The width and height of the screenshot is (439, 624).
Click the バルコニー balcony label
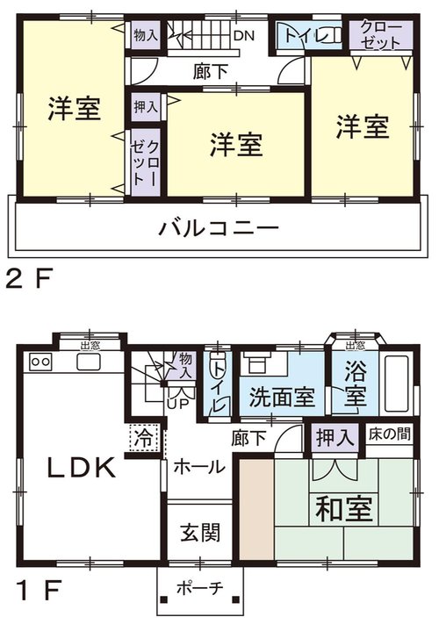point(219,228)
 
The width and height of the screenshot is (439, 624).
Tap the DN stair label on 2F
point(243,36)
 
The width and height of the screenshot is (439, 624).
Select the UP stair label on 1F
point(178,405)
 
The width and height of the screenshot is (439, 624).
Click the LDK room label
point(82,468)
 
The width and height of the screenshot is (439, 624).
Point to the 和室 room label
point(344,508)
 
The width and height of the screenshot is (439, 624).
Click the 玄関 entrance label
point(200,533)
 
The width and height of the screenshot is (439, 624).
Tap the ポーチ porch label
point(200,588)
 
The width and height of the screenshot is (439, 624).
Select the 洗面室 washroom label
point(282,397)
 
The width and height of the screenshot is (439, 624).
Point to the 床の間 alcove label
point(389,434)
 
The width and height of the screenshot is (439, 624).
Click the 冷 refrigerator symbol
point(144,437)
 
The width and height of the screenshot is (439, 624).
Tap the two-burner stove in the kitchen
point(40,362)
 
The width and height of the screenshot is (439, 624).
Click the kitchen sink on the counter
point(90,362)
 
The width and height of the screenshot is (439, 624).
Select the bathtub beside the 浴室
point(396,384)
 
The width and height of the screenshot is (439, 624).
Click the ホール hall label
point(199,466)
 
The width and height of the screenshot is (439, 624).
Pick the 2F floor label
point(29,278)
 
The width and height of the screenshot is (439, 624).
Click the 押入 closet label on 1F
point(335,438)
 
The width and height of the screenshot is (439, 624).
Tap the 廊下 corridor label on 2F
point(210,72)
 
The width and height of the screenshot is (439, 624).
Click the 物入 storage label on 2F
point(146,35)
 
